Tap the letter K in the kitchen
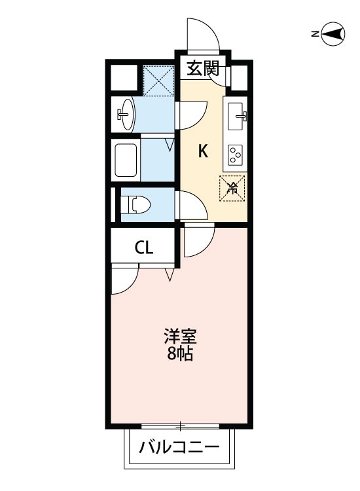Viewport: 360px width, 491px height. click(x=203, y=152)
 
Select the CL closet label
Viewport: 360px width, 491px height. click(x=144, y=247)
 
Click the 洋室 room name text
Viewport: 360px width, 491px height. click(x=180, y=339)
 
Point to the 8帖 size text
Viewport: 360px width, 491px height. click(x=180, y=357)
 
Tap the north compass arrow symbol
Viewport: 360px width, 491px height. click(x=334, y=34)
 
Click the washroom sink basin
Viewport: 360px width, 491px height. click(x=125, y=115)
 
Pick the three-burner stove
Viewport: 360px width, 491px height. click(x=236, y=155)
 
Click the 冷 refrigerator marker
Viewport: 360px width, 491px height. click(x=232, y=189)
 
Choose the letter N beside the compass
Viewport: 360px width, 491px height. click(x=315, y=34)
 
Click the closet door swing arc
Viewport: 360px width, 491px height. click(x=124, y=280)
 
